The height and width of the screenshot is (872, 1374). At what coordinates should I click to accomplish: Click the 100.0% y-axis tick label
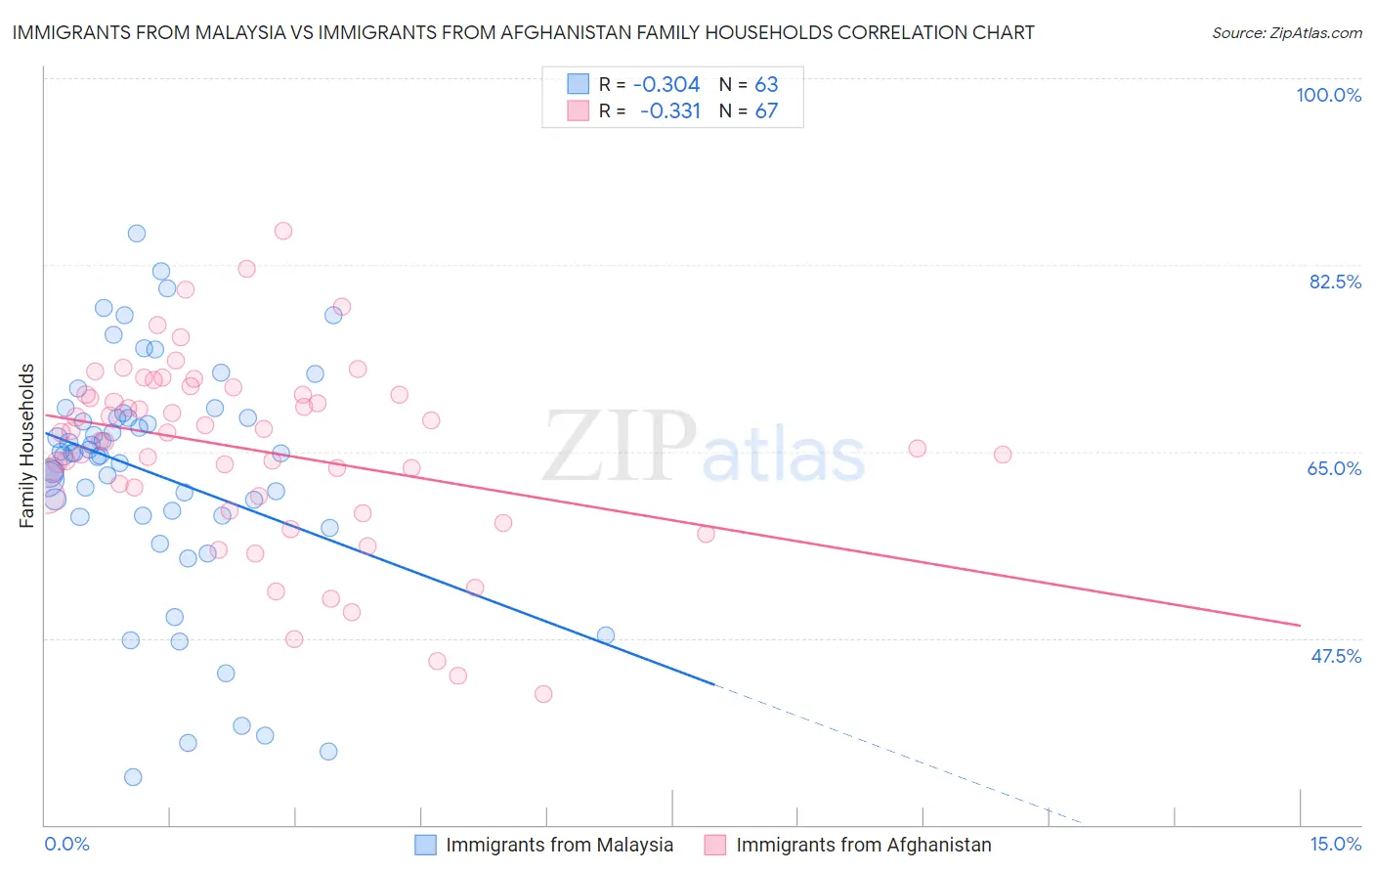pos(1328,95)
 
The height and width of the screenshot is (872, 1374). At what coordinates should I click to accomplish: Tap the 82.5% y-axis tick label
pos(1335,282)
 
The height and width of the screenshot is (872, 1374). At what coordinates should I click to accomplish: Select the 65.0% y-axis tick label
pos(1334,468)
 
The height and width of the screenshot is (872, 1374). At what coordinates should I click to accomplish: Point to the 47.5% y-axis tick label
pos(1335,656)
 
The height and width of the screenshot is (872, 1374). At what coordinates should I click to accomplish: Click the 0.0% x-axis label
pos(66,844)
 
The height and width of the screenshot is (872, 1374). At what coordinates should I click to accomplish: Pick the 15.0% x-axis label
pos(1335,844)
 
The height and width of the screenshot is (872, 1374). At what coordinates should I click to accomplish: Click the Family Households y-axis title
pos(26,446)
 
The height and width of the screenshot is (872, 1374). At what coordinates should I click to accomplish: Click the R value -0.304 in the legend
pos(666,85)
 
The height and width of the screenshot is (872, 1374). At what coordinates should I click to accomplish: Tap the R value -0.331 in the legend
pos(670,110)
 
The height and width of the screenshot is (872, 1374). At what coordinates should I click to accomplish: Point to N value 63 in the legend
pos(766,85)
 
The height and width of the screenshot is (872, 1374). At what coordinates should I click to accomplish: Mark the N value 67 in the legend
pos(766,110)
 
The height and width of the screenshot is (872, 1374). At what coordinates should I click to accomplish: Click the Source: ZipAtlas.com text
pos(1286,33)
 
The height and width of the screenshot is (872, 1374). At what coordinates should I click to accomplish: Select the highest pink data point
pos(283,231)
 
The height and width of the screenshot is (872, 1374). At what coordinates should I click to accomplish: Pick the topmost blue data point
pos(137,234)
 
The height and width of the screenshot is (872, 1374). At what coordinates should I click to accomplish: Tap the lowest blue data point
pos(133,777)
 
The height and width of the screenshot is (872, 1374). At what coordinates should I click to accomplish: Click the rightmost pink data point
pos(1003,455)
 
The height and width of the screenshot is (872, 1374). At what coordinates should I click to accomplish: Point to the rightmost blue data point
pos(606,635)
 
